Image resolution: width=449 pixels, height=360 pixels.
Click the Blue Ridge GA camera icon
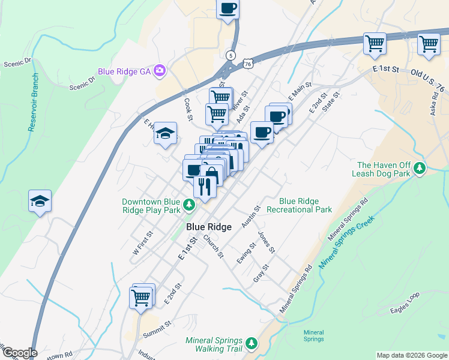(160, 71)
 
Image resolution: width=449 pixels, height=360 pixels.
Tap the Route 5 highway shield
(231, 55)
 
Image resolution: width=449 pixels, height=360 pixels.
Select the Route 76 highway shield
(248, 62)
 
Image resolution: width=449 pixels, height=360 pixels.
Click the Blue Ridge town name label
(209, 227)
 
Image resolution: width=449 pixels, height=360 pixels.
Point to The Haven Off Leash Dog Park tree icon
(421, 169)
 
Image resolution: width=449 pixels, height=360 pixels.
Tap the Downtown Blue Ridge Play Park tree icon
(190, 206)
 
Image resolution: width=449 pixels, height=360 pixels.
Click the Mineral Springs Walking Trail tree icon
(252, 344)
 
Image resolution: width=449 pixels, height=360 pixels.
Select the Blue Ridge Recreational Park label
(299, 205)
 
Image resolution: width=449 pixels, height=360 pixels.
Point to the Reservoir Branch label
(35, 102)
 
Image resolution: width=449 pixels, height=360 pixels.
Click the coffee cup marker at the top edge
(228, 9)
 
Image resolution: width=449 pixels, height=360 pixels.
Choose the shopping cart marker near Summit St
(141, 296)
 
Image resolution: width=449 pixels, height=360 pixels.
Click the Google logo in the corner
(19, 353)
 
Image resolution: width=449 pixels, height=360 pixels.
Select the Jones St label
(266, 241)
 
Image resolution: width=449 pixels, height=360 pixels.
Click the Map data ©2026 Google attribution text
(411, 355)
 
